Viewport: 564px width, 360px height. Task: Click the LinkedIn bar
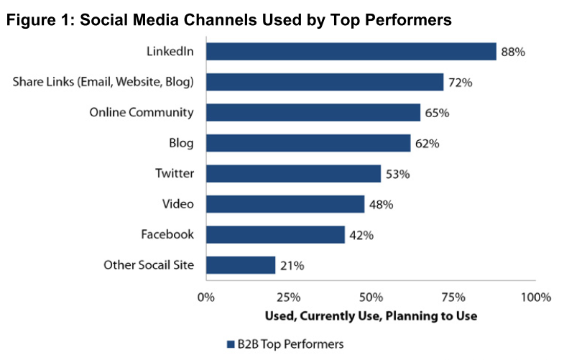click(351, 52)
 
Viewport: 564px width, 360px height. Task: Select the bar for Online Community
click(313, 113)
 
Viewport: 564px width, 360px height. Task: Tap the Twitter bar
click(294, 174)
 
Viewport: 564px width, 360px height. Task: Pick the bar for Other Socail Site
click(241, 265)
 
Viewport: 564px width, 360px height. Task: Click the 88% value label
click(513, 52)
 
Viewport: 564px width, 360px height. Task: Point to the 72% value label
click(460, 83)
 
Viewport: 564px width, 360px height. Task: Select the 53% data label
click(397, 175)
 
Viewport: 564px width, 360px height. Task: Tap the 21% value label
click(292, 266)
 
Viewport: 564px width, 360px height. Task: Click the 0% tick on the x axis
click(206, 297)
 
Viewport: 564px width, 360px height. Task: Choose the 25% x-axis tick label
click(289, 297)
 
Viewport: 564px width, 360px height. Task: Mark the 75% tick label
click(453, 297)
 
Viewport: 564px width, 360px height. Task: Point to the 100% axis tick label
click(536, 297)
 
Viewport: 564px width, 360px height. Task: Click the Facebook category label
click(167, 234)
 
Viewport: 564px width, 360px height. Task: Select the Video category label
click(177, 204)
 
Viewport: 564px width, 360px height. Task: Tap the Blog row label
click(181, 144)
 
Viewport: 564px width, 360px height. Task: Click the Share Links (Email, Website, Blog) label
click(103, 83)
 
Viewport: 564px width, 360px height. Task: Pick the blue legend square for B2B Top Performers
click(231, 344)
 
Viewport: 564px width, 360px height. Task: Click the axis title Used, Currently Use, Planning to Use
click(371, 316)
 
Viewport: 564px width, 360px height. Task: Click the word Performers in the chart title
click(408, 20)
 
